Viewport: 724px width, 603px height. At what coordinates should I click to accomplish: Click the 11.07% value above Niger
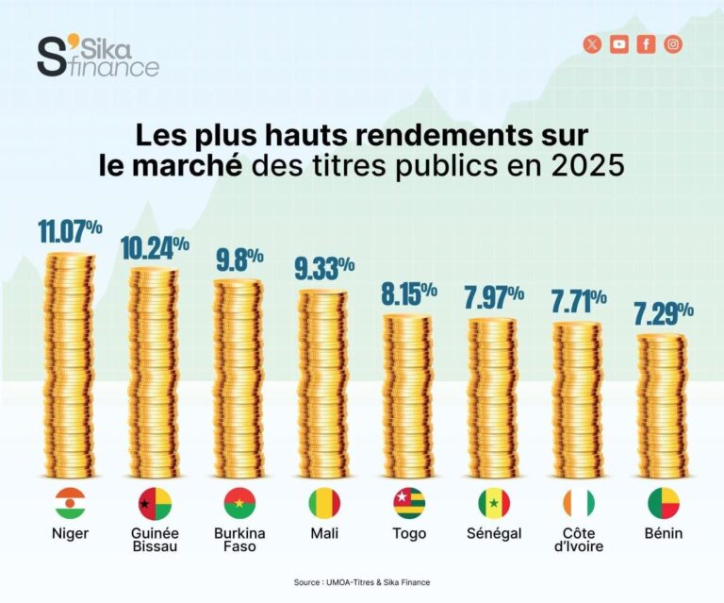(x=70, y=232)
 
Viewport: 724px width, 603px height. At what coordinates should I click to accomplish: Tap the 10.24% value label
(x=155, y=247)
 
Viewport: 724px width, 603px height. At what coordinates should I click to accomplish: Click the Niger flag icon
(x=70, y=503)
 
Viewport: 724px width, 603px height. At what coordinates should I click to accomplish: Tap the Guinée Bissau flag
(x=155, y=503)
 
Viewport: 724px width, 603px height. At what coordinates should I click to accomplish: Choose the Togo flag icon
(x=409, y=503)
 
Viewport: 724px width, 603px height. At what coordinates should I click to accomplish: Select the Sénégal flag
(x=494, y=503)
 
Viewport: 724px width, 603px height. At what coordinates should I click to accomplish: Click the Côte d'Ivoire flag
(x=579, y=503)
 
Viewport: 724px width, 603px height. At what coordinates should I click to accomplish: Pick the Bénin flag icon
(x=664, y=503)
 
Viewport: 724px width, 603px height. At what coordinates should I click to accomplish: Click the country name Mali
(x=324, y=533)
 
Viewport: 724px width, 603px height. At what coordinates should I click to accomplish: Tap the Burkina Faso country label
(x=239, y=540)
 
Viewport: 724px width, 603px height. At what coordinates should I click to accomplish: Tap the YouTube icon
(x=618, y=44)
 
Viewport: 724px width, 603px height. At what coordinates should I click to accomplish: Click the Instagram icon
(x=673, y=44)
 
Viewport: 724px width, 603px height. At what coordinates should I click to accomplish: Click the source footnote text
(x=362, y=582)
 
